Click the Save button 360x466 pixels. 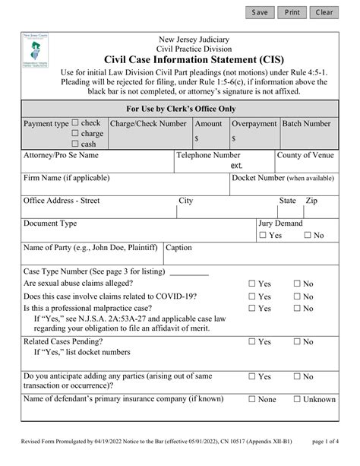(260, 12)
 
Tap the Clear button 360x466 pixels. (324, 12)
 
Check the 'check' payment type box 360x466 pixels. (75, 123)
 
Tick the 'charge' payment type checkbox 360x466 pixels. (75, 134)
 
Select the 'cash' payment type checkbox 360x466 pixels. (75, 144)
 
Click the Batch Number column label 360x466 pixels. (306, 123)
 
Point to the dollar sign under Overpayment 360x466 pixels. (234, 139)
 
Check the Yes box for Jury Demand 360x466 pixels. (263, 236)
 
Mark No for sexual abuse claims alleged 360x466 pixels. (298, 284)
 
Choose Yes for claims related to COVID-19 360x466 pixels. (253, 296)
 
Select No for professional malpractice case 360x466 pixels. (298, 309)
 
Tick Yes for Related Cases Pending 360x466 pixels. (253, 342)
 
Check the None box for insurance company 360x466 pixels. (253, 399)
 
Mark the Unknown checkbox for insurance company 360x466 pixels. (298, 399)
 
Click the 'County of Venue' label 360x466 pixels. (305, 155)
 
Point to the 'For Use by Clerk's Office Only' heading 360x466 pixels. (180, 109)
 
